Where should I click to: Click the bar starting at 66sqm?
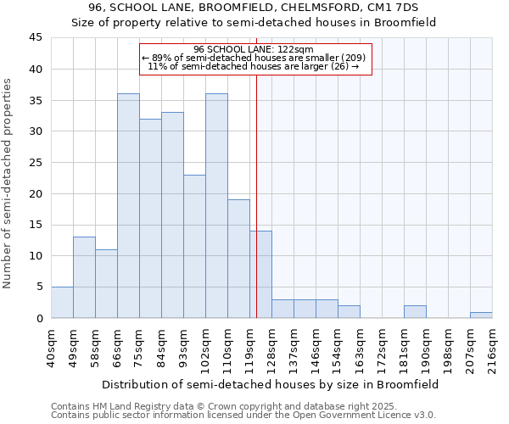click(128, 205)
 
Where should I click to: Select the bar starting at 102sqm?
click(216, 205)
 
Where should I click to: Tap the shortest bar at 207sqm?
click(481, 315)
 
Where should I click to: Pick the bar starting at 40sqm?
click(62, 302)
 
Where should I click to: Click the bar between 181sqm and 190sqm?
click(415, 311)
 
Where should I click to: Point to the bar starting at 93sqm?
click(194, 246)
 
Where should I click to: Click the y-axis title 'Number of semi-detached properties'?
click(8, 183)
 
